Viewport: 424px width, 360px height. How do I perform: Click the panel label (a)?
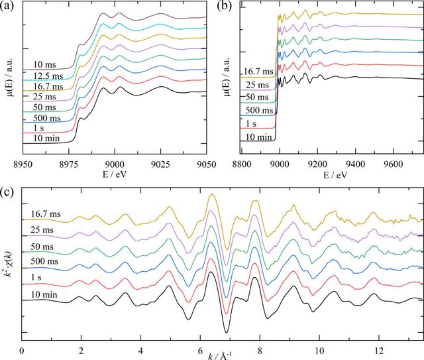7,6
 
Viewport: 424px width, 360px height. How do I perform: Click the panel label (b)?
224,6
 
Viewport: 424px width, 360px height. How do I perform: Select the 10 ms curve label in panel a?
45,64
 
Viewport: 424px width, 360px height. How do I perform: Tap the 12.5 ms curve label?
48,76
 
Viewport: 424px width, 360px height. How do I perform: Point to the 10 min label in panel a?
46,139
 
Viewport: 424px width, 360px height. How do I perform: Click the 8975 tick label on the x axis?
69,164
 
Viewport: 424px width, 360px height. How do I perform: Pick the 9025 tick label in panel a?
161,164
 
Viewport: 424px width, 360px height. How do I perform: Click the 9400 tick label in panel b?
355,164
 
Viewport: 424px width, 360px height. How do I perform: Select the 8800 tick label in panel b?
242,164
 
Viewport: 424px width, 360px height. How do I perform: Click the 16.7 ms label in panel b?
259,72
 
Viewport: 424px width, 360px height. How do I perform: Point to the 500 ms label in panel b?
259,110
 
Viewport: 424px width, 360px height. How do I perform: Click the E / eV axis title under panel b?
335,175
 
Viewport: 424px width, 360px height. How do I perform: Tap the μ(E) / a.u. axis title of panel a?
11,78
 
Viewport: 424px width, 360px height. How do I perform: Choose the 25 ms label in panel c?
42,230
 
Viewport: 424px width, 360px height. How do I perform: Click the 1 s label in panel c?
36,277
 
